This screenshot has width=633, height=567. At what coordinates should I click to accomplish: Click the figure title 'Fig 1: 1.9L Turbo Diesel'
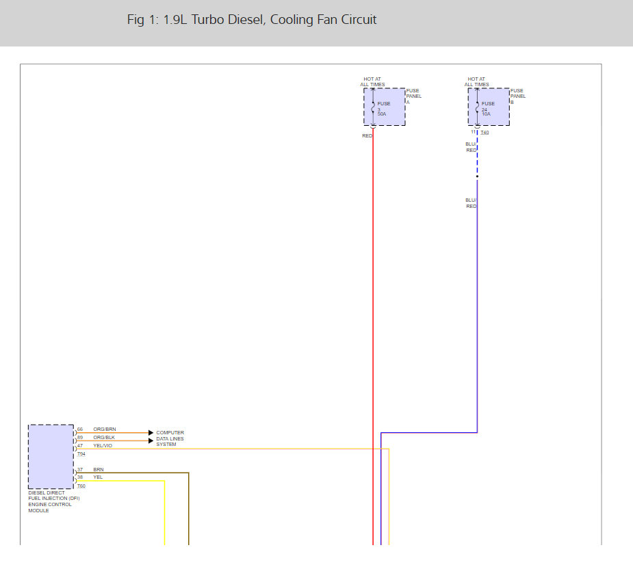coord(252,20)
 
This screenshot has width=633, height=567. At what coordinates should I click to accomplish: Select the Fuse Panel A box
coord(384,107)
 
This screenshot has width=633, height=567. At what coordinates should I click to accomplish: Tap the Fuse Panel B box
coord(489,107)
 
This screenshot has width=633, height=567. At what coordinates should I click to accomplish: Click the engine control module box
coord(51,457)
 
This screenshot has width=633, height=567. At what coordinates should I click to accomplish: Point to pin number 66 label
coord(80,430)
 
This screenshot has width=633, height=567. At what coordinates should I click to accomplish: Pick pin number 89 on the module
coord(80,438)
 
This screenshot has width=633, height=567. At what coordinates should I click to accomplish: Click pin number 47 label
coord(80,446)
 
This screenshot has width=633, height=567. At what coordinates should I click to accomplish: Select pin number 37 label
coord(80,470)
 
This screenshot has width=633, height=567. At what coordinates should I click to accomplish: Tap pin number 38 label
coord(80,477)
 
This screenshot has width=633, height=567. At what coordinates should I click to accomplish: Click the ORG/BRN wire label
coord(105,430)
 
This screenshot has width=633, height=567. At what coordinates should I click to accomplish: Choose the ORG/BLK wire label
coord(105,438)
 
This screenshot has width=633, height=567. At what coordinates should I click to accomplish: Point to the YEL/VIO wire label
coord(103,446)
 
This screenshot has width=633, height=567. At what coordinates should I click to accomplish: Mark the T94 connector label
coord(81,454)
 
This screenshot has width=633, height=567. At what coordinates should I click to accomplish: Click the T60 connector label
coord(81,486)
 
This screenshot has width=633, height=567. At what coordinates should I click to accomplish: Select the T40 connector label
coord(485,133)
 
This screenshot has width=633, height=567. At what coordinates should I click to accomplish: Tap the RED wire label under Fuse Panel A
coord(367,136)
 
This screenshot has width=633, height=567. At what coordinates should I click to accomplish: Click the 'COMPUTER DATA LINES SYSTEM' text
coord(170,438)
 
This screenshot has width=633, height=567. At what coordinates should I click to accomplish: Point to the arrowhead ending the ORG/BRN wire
coord(151,433)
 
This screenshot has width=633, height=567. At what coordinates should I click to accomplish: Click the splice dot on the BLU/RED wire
coord(477,176)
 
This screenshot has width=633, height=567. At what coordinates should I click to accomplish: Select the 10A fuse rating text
coord(487,114)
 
